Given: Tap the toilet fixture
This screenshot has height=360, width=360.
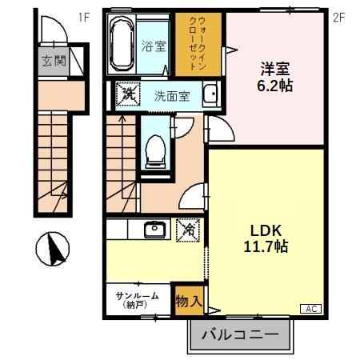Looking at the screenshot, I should [x=156, y=148].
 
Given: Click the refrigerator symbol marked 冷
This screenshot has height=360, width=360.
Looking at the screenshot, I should [x=188, y=230].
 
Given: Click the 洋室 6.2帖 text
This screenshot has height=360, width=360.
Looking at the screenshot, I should [x=274, y=74].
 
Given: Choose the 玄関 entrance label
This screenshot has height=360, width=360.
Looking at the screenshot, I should [x=54, y=61].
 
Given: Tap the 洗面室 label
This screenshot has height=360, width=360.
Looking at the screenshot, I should [x=171, y=96].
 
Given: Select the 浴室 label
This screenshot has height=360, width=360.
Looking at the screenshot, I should [x=154, y=46].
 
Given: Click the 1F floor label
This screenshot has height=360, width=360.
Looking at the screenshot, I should [x=84, y=15].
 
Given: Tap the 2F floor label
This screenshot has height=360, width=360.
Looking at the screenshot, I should [x=338, y=15].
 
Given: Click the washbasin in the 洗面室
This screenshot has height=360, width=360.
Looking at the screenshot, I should [x=210, y=95].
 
